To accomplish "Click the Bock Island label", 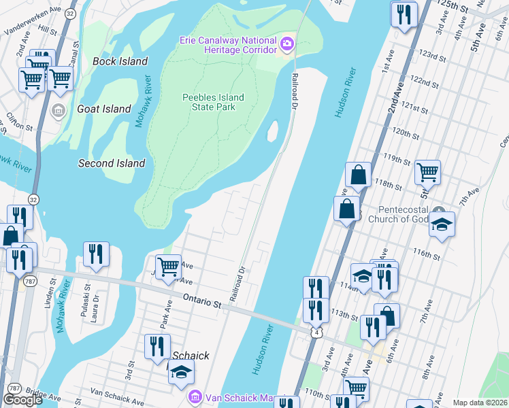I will tap(120, 61).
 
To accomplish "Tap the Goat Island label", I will tap(104, 109).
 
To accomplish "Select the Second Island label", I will tap(112, 163).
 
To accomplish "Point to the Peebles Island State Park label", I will tap(213, 102).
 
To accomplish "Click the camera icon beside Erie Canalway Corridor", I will tap(286, 45).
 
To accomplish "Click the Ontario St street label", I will tap(203, 300).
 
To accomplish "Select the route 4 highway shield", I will tap(316, 332).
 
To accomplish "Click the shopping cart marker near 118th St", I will tap(428, 173).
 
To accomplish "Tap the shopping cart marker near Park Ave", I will tap(168, 266).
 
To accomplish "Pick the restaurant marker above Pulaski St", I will tap(96, 254).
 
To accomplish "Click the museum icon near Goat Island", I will tap(59, 110).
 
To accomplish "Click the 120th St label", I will tap(406, 132).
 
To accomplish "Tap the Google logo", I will tap(22, 400).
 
